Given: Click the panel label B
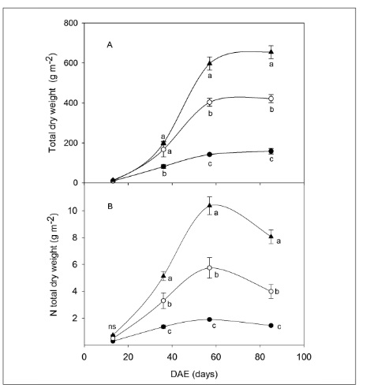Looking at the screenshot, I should (x=109, y=211).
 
